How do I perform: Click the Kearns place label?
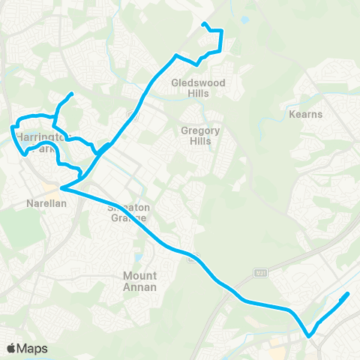click(x=305, y=114)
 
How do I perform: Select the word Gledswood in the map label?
click(x=198, y=82)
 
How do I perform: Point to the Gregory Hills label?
click(x=200, y=136)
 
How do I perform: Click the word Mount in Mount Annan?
click(x=140, y=275)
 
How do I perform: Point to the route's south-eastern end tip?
click(x=349, y=294)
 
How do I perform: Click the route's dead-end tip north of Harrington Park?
click(x=71, y=94)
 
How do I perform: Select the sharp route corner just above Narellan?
click(x=61, y=189)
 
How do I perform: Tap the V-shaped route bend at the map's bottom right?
click(x=308, y=336)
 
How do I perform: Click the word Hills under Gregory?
click(x=200, y=141)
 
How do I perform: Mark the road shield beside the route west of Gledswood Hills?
click(x=131, y=115)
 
